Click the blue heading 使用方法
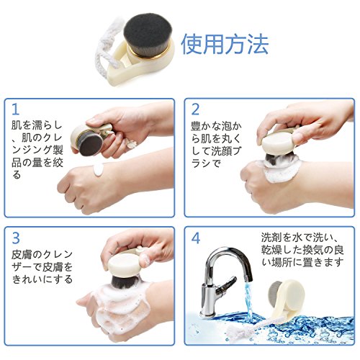tap(225, 45)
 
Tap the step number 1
tap(16, 109)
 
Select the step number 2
tap(195, 109)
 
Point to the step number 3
tap(16, 238)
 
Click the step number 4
tap(196, 238)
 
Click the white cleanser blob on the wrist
tap(99, 169)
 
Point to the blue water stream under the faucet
tap(248, 297)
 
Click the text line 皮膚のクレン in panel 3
tap(42, 254)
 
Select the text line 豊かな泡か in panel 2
tap(216, 126)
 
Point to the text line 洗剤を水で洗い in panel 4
tap(300, 238)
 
